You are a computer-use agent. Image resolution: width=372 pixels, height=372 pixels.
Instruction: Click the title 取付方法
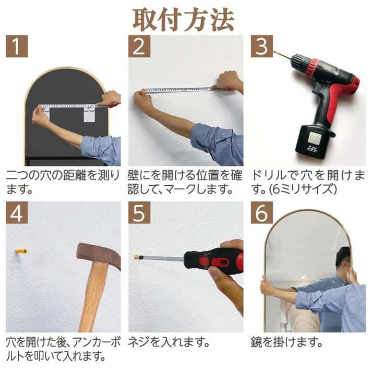coord(183,20)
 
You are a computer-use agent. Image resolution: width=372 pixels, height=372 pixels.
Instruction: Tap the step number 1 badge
coord(17,46)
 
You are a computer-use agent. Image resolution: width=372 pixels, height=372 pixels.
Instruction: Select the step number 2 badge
coord(139,46)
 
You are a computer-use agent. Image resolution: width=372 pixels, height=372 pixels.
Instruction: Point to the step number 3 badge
coord(262,46)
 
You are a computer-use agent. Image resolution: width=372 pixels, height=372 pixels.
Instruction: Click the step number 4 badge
coord(17,213)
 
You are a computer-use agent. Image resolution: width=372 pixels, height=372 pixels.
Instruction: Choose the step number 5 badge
coord(139,213)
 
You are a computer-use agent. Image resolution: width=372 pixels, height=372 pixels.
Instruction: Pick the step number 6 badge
coord(262,213)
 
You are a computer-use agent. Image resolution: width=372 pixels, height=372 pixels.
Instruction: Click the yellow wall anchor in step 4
coord(21,251)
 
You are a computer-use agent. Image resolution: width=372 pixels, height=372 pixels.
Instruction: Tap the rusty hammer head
coord(99,255)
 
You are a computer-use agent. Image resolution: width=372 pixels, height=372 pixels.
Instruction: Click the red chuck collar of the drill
coord(311,67)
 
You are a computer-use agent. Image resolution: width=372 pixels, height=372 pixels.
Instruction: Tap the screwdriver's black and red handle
coord(213,260)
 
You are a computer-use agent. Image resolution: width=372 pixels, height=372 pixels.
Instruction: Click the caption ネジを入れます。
coord(169,343)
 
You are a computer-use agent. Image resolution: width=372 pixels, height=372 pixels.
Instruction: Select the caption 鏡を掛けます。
coord(287,343)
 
